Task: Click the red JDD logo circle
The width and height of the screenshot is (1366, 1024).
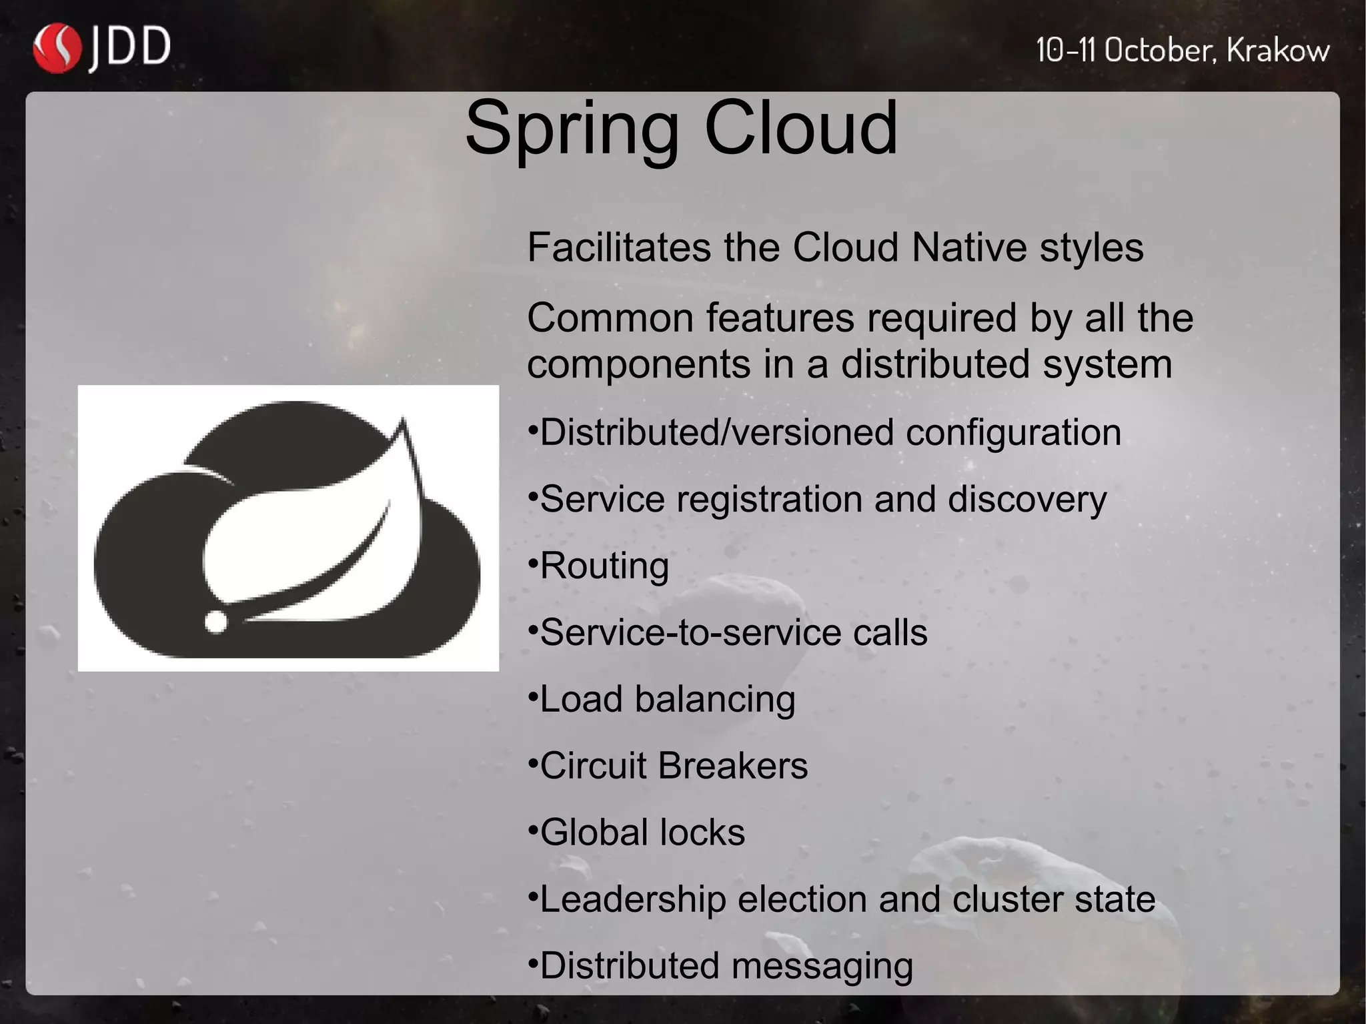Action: click(x=57, y=48)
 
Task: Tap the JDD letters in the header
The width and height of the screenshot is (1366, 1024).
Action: click(x=130, y=48)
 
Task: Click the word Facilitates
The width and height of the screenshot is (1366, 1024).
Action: click(x=620, y=247)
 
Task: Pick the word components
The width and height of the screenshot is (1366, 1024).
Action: click(x=638, y=365)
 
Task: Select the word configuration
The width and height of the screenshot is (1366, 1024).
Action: click(x=1013, y=433)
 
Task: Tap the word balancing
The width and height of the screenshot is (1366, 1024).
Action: click(x=714, y=700)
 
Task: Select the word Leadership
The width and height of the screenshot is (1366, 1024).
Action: click(x=632, y=899)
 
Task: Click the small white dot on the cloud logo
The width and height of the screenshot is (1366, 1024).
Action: click(x=215, y=622)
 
